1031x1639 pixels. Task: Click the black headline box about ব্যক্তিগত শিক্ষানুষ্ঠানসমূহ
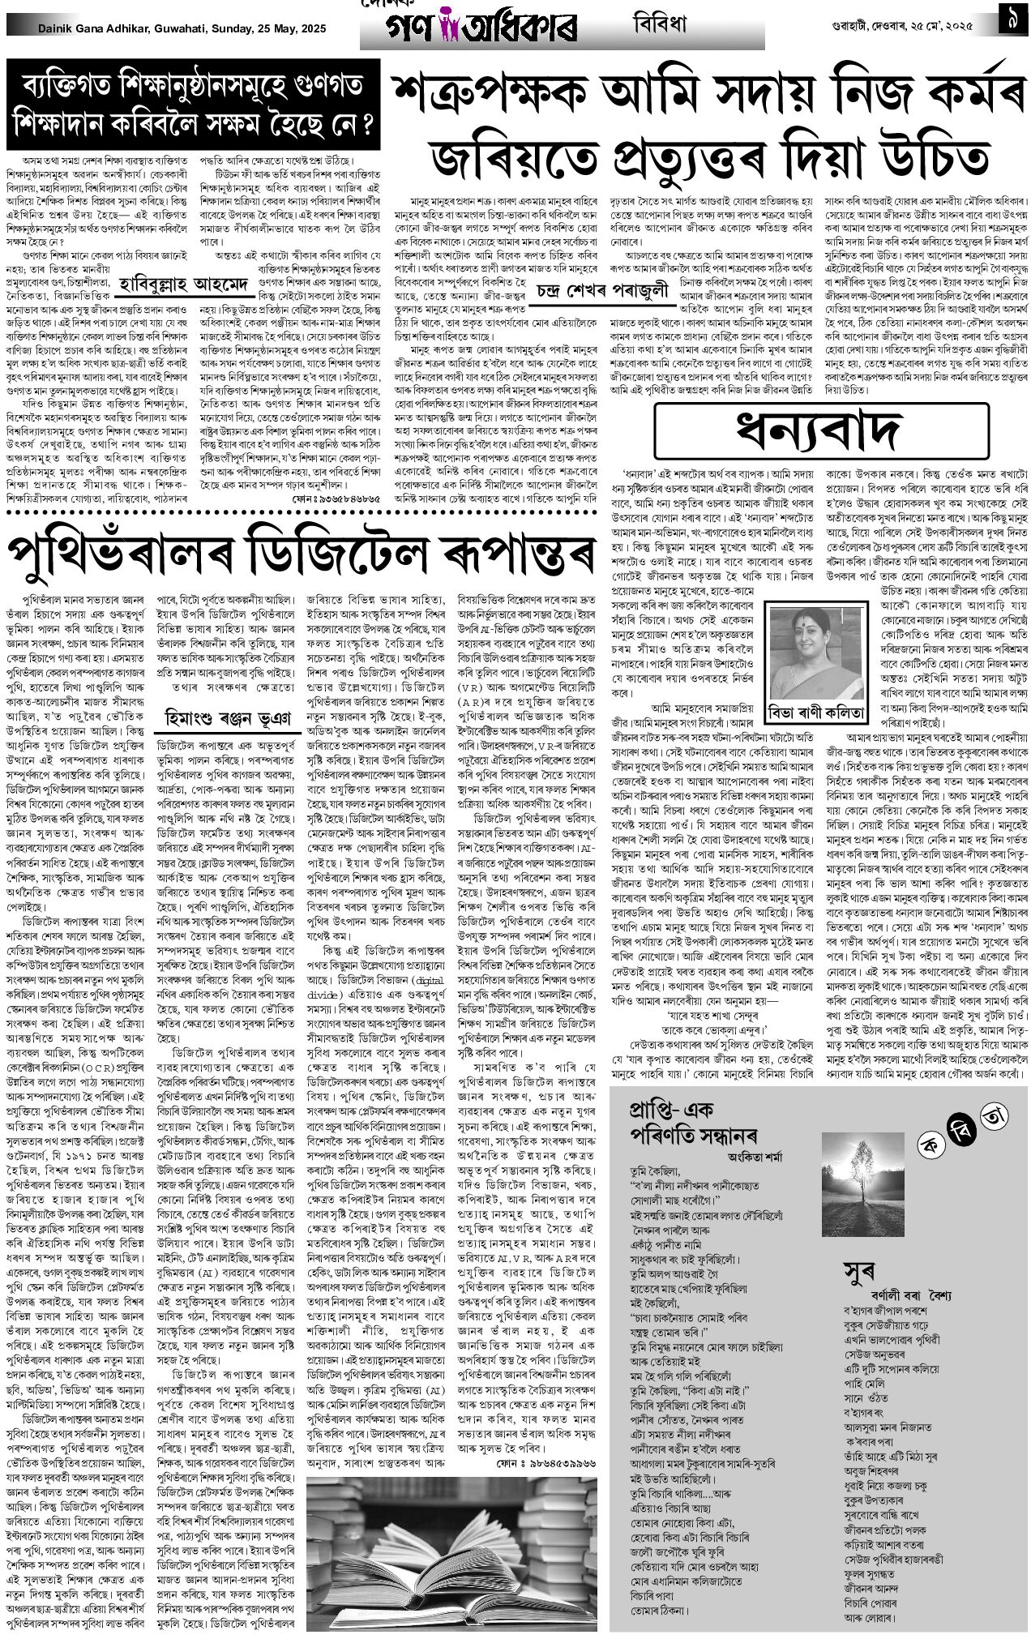tap(195, 105)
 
